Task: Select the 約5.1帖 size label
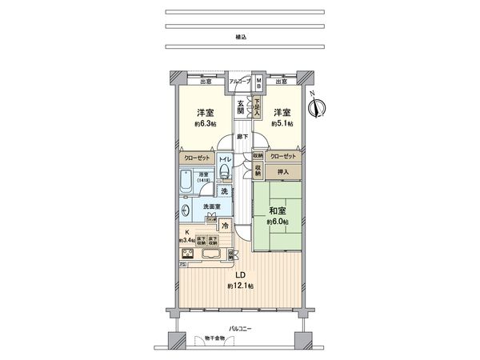pos(282,124)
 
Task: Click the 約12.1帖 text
pos(239,286)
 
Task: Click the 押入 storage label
pos(282,172)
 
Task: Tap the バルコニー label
pos(240,328)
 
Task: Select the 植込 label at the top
pos(241,37)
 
